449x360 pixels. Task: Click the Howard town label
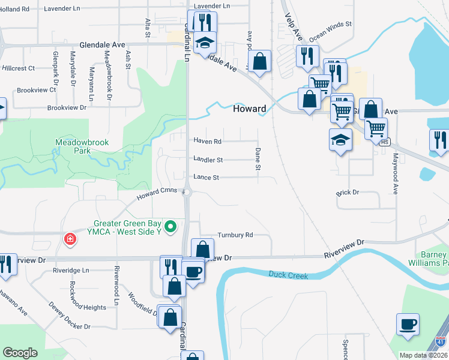coord(249,109)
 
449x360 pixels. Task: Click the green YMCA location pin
coord(171,226)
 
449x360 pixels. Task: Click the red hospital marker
coord(70,239)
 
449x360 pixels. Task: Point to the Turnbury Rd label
coord(235,235)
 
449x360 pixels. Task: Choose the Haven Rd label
coord(208,142)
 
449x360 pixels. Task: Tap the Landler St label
coord(208,160)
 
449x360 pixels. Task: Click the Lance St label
coord(206,178)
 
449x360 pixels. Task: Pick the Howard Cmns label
coord(157,192)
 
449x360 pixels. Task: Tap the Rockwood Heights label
coord(88,307)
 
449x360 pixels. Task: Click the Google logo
coord(20,353)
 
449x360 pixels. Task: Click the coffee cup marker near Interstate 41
coord(408,325)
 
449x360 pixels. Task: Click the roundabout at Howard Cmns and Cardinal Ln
coord(187,193)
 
